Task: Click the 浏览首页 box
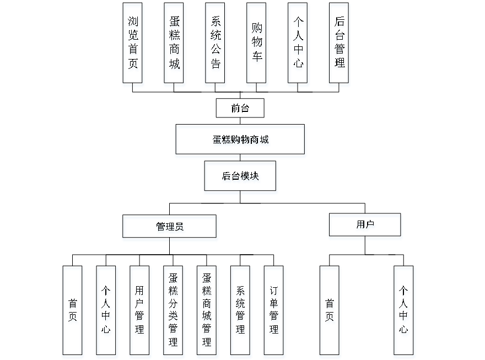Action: tap(133, 45)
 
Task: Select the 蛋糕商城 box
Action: tap(174, 45)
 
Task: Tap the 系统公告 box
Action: tap(215, 45)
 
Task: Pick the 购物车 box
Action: tap(257, 45)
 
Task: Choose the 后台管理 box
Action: tap(339, 45)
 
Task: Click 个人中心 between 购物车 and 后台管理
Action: tap(298, 45)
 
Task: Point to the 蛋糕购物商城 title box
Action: tap(240, 141)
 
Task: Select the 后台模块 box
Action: tap(241, 178)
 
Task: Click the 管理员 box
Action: tap(170, 228)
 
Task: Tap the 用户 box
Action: tap(365, 227)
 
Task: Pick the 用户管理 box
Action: tap(140, 311)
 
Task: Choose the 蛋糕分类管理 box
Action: tap(174, 311)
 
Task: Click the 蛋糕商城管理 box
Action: tap(207, 311)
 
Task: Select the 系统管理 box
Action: tap(241, 311)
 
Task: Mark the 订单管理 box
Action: tap(274, 311)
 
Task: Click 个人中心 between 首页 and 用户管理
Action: tap(106, 311)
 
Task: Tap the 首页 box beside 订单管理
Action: tap(330, 311)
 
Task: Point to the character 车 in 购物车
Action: tap(257, 58)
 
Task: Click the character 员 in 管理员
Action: tap(180, 228)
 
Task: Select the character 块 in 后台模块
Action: tap(255, 178)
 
